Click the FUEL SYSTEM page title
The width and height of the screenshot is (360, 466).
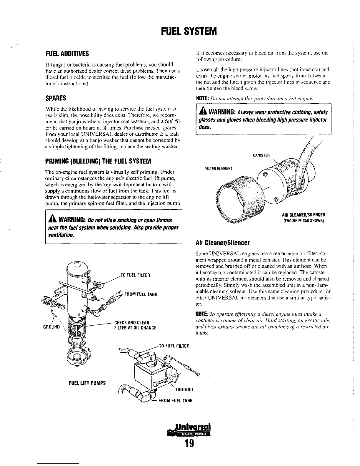coord(189,31)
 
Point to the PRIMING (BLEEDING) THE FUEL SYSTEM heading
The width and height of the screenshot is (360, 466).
coord(98,162)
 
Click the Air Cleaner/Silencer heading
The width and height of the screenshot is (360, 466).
coord(222,243)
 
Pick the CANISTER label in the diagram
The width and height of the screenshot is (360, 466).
coord(261,155)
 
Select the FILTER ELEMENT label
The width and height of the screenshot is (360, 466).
coord(219,169)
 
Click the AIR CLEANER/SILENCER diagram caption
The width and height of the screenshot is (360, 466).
coord(303,214)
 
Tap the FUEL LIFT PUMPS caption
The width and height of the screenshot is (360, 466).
coord(87,383)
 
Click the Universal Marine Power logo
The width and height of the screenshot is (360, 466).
coord(189,430)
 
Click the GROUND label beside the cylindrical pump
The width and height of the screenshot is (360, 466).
coord(51,327)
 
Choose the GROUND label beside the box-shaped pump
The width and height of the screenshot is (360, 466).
coord(184,390)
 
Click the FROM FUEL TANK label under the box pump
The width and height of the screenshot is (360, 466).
coord(175,401)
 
